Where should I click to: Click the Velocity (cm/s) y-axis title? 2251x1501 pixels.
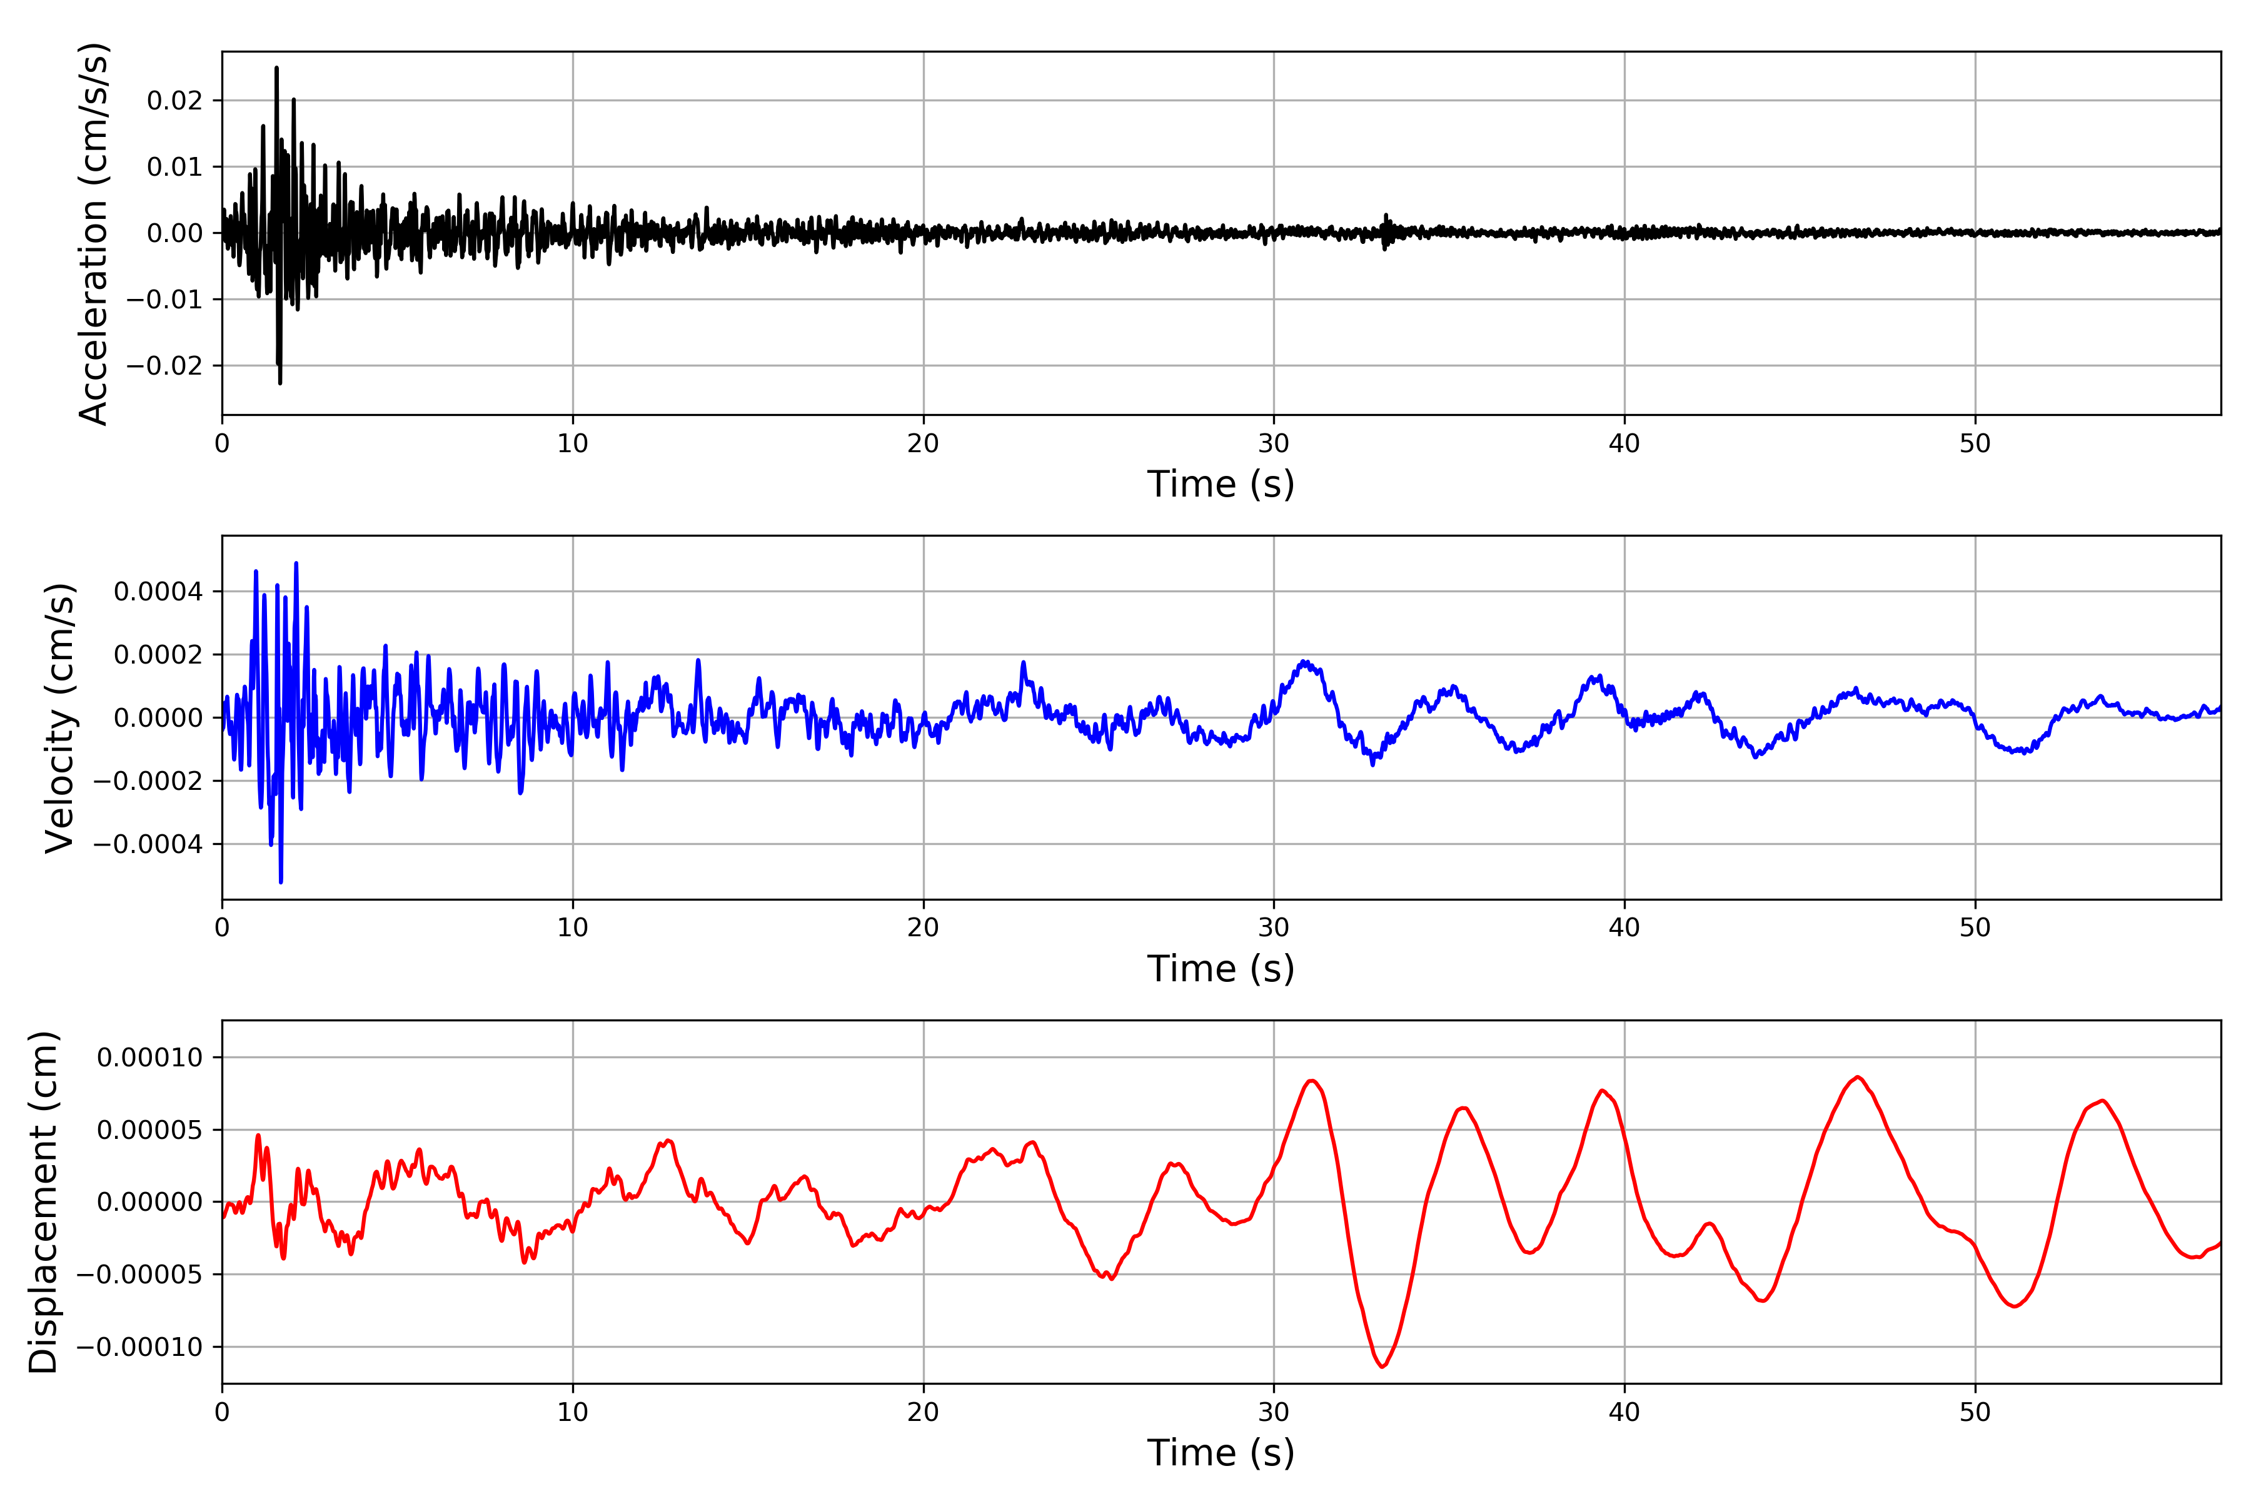coord(59,718)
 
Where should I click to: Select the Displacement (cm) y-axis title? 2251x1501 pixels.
coord(43,1202)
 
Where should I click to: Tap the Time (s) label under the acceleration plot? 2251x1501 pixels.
coord(1221,484)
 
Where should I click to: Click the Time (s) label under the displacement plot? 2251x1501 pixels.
coord(1221,1453)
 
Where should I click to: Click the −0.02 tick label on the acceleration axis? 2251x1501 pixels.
coord(164,366)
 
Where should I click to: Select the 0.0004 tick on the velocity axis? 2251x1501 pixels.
coord(158,592)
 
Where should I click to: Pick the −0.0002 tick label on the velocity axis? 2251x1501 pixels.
coord(148,781)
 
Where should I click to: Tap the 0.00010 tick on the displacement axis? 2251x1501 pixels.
coord(149,1058)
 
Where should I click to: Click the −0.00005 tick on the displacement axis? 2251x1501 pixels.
coord(139,1274)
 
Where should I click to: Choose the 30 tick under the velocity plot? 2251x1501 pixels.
coord(1274,927)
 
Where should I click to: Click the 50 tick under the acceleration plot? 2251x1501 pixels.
coord(1975,443)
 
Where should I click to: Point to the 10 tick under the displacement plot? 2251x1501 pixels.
coord(572,1412)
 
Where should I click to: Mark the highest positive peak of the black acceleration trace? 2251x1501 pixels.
coord(276,68)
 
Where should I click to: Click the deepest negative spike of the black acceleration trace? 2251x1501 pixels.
coord(280,383)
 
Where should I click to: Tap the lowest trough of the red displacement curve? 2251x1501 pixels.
coord(1382,1366)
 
